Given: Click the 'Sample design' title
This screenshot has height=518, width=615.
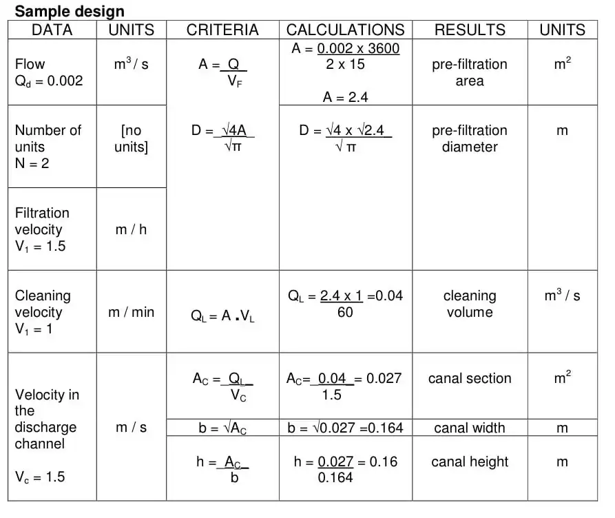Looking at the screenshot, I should coord(70,11).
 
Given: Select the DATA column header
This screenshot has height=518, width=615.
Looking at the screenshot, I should coord(52,30).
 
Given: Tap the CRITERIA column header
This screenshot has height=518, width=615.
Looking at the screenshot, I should coord(222,30).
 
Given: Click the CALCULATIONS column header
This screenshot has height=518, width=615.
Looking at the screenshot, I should coord(345,30).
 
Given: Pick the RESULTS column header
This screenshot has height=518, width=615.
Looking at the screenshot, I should coord(470,30).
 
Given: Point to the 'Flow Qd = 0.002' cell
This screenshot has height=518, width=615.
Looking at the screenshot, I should coord(48,72).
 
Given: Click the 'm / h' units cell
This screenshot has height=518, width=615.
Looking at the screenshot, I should coord(131,229).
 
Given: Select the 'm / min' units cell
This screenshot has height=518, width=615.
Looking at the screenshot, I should coord(131,312).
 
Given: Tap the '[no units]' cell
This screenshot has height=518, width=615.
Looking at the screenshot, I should coord(131,138).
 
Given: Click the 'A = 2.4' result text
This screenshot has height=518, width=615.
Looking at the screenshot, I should coord(345,97).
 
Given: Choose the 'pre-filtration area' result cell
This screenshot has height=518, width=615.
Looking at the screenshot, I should coord(470,72).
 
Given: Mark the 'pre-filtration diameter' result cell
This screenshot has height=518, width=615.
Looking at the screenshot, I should coord(470,138).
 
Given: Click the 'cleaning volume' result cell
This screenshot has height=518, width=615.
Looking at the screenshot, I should coord(470,304).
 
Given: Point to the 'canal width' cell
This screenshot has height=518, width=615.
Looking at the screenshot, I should coord(470,428).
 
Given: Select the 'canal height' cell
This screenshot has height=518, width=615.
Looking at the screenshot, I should coord(470,462).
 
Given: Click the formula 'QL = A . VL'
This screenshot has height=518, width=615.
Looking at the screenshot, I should coord(222,317).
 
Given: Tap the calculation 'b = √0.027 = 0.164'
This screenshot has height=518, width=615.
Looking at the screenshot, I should coord(345,428).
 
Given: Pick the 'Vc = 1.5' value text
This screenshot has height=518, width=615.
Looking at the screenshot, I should coord(40,477).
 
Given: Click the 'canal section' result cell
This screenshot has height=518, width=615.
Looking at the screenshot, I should coord(470,378).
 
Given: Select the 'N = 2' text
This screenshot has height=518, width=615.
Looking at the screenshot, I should coord(32,164).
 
